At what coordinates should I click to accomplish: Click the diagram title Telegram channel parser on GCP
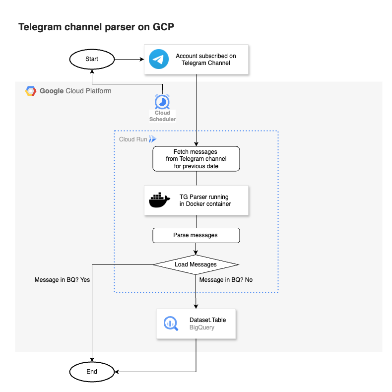96,27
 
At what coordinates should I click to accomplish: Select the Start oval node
92,59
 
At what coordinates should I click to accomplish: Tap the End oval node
92,371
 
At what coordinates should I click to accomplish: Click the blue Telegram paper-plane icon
159,60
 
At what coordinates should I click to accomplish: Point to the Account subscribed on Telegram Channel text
205,60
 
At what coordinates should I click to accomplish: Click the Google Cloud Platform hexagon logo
31,91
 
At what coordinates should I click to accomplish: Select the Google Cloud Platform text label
75,91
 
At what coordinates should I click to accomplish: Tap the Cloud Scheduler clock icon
162,102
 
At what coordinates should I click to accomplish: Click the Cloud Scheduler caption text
162,116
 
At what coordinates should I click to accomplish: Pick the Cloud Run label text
132,139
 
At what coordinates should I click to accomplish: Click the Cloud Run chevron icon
152,139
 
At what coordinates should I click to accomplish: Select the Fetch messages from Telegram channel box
196,159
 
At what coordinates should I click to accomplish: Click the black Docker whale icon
159,200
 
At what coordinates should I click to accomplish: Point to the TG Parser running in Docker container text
205,200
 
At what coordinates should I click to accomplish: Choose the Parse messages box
196,235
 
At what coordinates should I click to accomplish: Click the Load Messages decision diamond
196,264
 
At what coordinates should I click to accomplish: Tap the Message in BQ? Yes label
62,280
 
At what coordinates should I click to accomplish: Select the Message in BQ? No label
226,280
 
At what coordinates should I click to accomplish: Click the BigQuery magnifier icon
171,324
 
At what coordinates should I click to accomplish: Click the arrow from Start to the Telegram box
129,60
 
